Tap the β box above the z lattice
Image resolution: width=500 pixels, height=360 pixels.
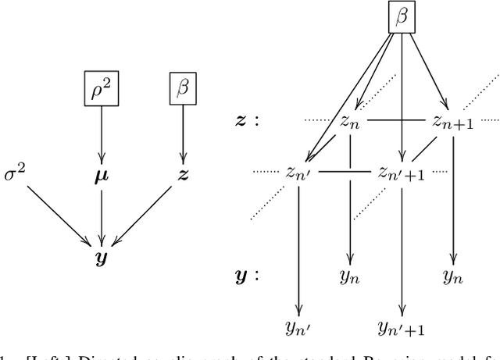tap(402, 16)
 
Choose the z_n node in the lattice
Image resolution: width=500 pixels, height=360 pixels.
tap(349, 120)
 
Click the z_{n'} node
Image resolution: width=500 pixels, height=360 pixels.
tap(299, 172)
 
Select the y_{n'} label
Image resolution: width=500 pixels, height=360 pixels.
tap(299, 326)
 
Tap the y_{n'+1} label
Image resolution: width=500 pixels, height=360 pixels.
tap(401, 326)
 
